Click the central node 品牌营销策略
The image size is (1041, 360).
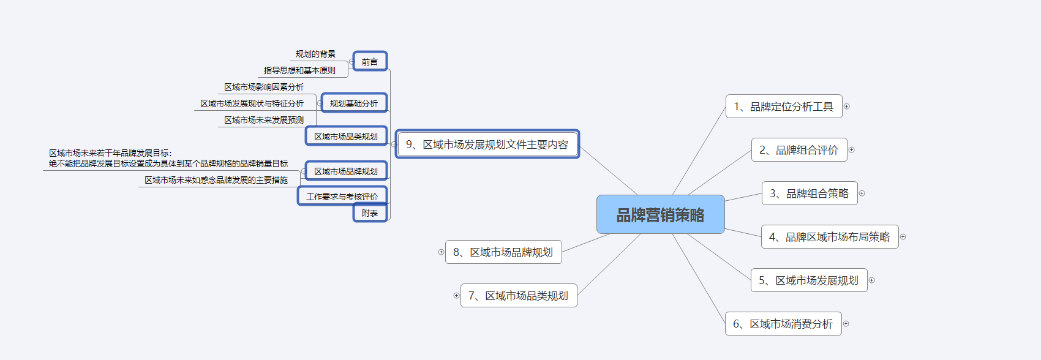pyautogui.click(x=660, y=214)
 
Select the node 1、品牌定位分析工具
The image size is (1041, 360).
pyautogui.click(x=784, y=107)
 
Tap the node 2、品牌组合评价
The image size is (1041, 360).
pyautogui.click(x=799, y=149)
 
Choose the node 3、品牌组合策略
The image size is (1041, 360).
pyautogui.click(x=809, y=193)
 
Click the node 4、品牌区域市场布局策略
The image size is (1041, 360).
pyautogui.click(x=830, y=236)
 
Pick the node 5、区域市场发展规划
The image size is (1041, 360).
pyautogui.click(x=809, y=280)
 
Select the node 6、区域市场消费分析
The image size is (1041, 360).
pyautogui.click(x=783, y=323)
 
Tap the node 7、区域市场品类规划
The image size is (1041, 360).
pyautogui.click(x=519, y=296)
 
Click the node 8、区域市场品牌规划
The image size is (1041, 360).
pyautogui.click(x=503, y=252)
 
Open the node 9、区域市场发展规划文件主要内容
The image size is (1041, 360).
pyautogui.click(x=487, y=144)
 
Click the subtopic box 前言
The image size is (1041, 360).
pyautogui.click(x=370, y=61)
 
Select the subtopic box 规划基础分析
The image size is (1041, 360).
pyautogui.click(x=354, y=103)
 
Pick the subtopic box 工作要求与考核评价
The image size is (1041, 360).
pyautogui.click(x=342, y=196)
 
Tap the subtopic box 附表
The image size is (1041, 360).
pyautogui.click(x=370, y=212)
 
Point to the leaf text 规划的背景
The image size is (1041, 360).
pyautogui.click(x=315, y=54)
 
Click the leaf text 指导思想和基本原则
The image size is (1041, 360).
pyautogui.click(x=299, y=70)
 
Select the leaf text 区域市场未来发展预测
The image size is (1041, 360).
pyautogui.click(x=264, y=120)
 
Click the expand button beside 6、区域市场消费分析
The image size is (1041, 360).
pyautogui.click(x=846, y=324)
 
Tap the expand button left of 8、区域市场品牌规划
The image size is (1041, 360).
pyautogui.click(x=441, y=252)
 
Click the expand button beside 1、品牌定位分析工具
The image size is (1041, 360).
pyautogui.click(x=846, y=107)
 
